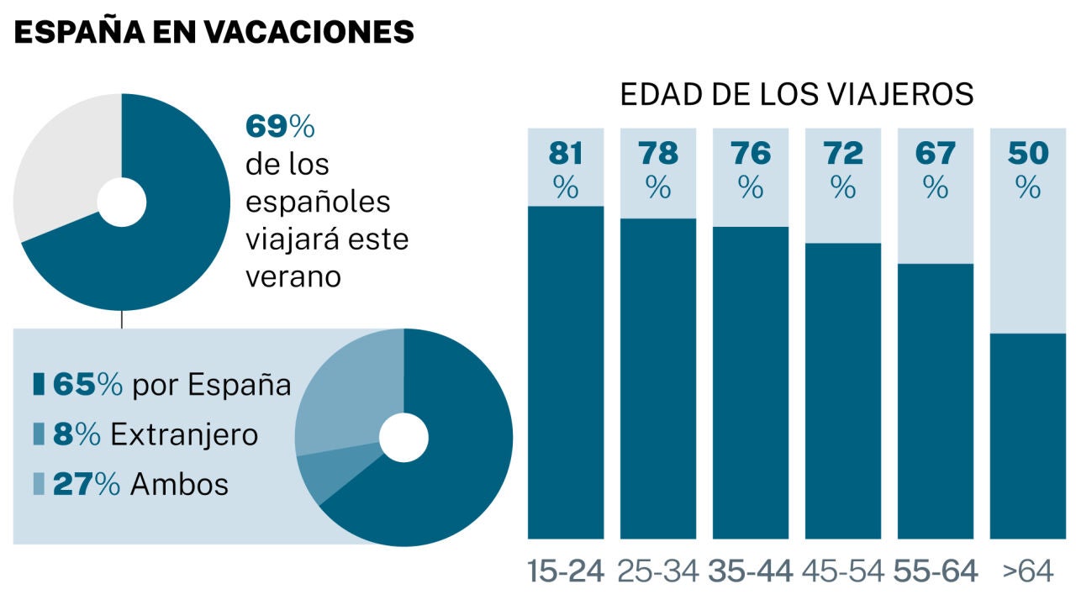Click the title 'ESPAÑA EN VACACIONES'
[x=214, y=32]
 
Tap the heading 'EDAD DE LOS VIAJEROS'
[x=797, y=94]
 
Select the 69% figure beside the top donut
[x=280, y=126]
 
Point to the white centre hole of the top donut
[x=122, y=203]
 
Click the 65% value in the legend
[x=87, y=384]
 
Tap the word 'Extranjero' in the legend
[x=184, y=434]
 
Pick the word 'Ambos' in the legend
[x=179, y=484]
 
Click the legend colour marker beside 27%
[x=39, y=483]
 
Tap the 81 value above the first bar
[x=566, y=153]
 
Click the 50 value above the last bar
[x=1028, y=153]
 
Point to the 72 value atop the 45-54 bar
[x=843, y=153]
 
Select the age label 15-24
[x=566, y=571]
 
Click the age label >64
[x=1028, y=571]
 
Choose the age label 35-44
[x=751, y=571]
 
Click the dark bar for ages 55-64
[x=936, y=402]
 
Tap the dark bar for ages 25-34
[x=658, y=379]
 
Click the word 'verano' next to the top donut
[x=293, y=277]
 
